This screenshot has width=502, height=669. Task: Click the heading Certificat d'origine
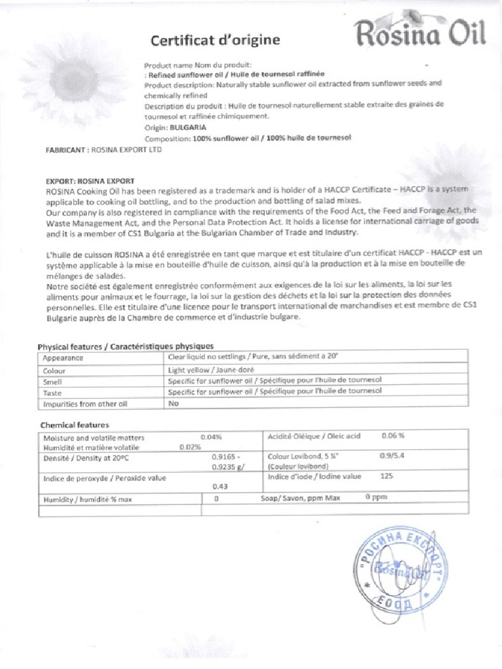point(215,41)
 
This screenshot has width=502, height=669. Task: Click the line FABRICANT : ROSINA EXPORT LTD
point(103,150)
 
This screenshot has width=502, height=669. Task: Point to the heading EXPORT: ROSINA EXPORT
point(90,180)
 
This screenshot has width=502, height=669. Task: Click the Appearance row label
point(63,357)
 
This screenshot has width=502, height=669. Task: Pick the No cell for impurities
point(174,404)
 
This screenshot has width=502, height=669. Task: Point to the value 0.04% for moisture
point(212,436)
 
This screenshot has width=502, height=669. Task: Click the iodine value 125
point(386,476)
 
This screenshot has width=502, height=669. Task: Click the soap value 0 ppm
point(376,498)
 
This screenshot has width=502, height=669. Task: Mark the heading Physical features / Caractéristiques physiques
point(125,346)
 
